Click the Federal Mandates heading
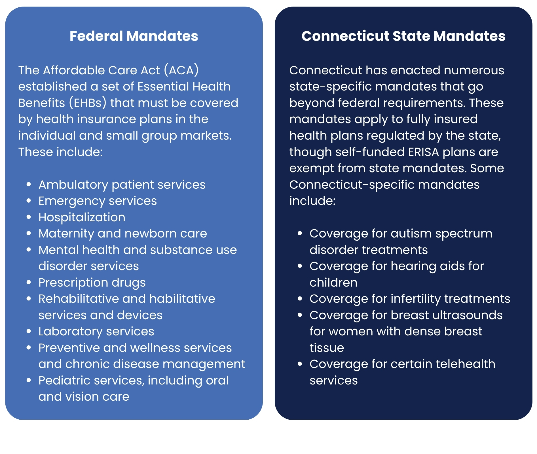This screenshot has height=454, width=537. coord(134,36)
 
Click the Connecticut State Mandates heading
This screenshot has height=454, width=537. coord(403,36)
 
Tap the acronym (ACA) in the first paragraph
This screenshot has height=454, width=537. coord(181,70)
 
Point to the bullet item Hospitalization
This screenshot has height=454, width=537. coord(82,218)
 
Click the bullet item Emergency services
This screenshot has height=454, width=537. coord(98,201)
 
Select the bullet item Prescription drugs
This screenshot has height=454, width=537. coord(92,283)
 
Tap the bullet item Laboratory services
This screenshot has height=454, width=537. coord(96,332)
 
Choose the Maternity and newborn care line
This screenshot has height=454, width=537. coord(122,234)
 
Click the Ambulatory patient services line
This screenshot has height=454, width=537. coord(122,185)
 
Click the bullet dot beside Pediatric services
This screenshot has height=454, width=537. coord(29,380)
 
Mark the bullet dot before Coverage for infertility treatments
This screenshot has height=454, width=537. coord(300,299)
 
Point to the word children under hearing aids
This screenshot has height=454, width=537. coord(333,283)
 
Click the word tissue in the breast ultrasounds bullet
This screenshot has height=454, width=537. coord(327,348)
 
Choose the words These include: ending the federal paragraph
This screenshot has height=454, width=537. coord(60,152)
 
